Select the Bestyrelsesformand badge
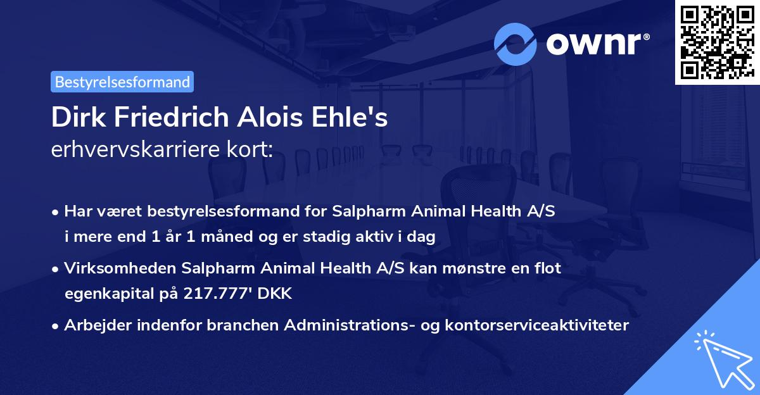point(122,82)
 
